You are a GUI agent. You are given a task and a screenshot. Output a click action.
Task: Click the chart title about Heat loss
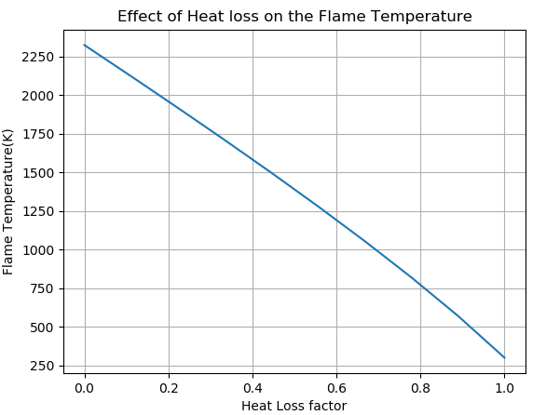tap(294, 17)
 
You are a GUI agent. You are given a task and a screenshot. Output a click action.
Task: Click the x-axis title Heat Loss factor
tap(293, 406)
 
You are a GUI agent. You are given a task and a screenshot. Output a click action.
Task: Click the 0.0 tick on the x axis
tap(85, 387)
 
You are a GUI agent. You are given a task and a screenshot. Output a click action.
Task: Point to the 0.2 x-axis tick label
tap(169, 387)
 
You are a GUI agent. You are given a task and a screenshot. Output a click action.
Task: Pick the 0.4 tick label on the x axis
tap(253, 387)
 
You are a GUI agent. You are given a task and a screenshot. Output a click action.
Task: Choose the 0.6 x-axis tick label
tap(336, 387)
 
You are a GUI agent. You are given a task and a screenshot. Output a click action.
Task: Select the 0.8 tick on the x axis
tap(420, 387)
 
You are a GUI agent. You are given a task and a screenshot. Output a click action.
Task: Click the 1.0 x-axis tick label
tap(504, 387)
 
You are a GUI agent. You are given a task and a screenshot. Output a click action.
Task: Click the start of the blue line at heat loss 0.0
tap(85, 45)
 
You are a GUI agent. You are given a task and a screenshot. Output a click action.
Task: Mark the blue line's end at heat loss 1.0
tap(504, 357)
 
